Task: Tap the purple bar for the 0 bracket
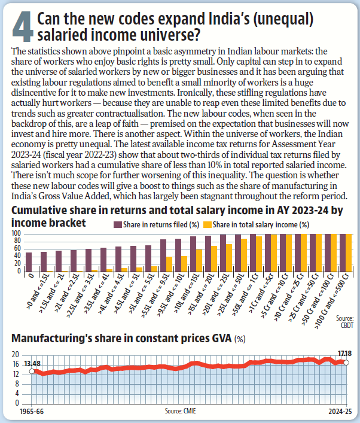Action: click(29, 262)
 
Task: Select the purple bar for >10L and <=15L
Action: click(193, 254)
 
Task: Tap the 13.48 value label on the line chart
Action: click(33, 363)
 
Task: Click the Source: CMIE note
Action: click(180, 412)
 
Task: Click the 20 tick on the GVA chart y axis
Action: click(17, 354)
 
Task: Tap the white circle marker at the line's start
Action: click(33, 372)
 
